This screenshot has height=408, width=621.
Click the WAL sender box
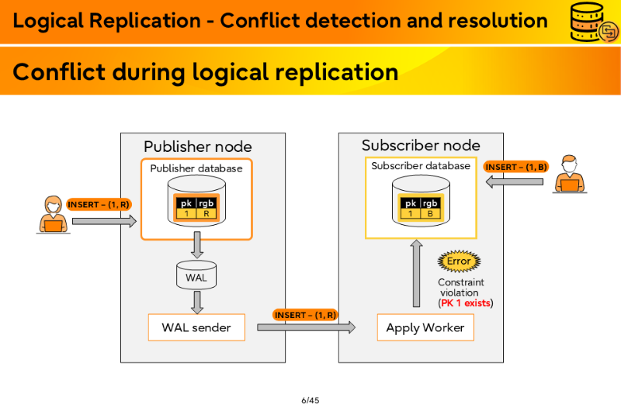point(196,327)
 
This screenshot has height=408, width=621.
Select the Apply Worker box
point(425,327)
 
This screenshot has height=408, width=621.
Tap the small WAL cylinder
point(196,275)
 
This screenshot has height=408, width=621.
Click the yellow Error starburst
point(459,261)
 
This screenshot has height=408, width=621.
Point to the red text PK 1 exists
point(466,303)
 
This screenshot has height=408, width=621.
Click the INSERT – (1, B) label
point(516,167)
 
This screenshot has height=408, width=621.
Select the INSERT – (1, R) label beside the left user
point(99,205)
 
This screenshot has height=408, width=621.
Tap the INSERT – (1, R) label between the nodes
point(305,315)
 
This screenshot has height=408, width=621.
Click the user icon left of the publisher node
point(53,215)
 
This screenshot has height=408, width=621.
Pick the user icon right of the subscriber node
point(570,174)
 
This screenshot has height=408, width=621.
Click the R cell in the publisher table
point(206,213)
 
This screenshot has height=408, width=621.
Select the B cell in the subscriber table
point(430,213)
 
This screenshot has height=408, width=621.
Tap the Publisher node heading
point(198,147)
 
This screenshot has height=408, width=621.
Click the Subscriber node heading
point(421,145)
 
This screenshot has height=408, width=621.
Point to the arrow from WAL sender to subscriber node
point(306,327)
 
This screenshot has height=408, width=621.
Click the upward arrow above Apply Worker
point(416,274)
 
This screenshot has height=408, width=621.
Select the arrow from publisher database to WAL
point(197,245)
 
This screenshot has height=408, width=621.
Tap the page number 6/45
point(310,400)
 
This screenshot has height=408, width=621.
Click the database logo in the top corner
point(593,22)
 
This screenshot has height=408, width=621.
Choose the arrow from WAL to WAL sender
point(197,303)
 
